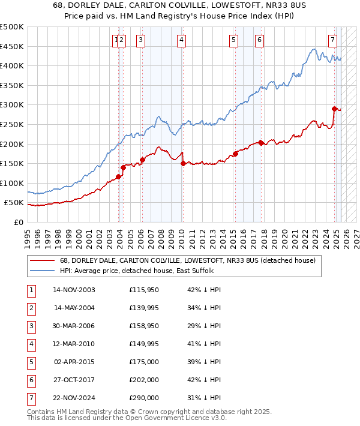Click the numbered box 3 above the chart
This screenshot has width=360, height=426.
coord(140,40)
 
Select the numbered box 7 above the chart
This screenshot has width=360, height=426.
coord(332,40)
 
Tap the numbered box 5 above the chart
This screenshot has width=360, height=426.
coord(233,40)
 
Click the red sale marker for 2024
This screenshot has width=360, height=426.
coord(335,109)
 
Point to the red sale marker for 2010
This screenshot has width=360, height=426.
coord(182,163)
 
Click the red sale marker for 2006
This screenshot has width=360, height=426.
coord(142,160)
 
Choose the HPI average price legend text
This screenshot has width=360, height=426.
coord(137,271)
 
